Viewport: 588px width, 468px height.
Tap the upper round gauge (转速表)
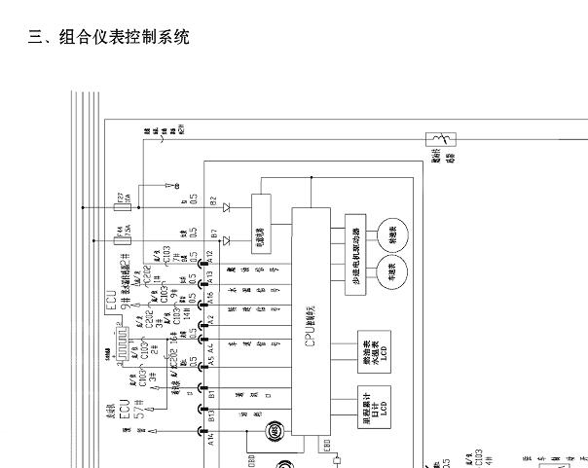393,234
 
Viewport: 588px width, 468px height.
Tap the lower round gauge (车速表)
393,270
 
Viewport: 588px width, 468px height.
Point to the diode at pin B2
226,207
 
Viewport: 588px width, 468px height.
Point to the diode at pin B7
226,238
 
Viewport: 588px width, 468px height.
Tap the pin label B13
210,416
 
